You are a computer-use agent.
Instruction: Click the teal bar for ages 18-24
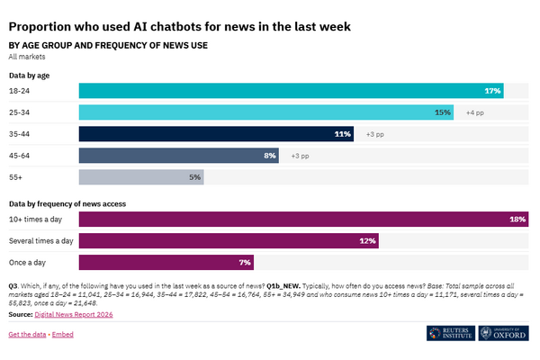coord(291,91)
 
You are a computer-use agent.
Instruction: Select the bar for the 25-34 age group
coord(266,112)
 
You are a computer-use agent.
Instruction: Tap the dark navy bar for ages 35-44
coord(216,134)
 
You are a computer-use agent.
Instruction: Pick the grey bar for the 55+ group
coord(141,177)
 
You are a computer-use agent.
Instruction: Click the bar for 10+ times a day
coord(304,219)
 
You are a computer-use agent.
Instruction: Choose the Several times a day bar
coord(229,241)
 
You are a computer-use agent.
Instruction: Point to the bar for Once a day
coord(166,263)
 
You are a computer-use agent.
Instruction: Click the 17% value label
coord(492,91)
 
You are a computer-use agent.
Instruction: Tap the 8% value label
coord(270,156)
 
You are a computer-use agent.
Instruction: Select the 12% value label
coord(367,241)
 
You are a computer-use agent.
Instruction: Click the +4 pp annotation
coord(475,112)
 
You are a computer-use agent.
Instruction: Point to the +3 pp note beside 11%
coord(375,134)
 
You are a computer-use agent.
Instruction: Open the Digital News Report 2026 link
coord(74,314)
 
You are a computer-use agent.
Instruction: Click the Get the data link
coord(27,335)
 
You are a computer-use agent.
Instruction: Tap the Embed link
coord(63,335)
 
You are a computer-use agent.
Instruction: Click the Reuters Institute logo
coord(451,333)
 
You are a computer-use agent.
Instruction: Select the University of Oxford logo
coord(503,333)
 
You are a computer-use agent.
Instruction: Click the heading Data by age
coord(30,76)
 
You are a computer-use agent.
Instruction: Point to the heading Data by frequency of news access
coord(67,204)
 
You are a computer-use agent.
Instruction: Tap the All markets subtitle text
coord(27,57)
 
